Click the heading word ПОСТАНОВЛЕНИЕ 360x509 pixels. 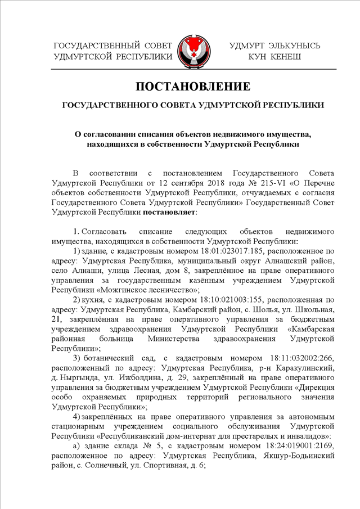pos(192,87)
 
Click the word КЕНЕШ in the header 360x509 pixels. pos(283,57)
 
